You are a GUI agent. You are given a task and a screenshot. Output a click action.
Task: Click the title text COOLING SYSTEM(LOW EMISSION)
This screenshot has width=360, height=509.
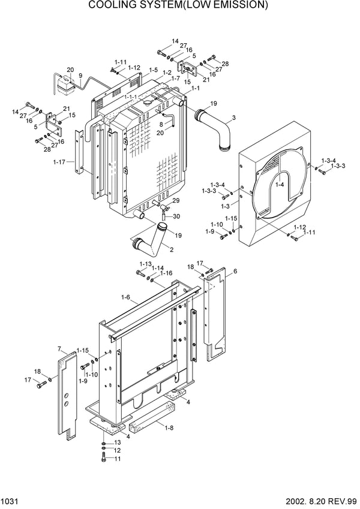178,6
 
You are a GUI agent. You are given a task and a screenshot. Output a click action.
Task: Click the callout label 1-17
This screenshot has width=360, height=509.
59,162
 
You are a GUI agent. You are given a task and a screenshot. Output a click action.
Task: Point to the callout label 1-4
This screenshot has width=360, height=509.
280,186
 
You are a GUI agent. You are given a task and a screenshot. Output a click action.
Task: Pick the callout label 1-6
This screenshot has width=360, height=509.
125,297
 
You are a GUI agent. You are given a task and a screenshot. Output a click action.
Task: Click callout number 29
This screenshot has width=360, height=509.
176,200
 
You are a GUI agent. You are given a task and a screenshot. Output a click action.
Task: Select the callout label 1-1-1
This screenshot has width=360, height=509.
131,97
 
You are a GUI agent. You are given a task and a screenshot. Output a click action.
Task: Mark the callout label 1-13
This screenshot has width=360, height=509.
145,264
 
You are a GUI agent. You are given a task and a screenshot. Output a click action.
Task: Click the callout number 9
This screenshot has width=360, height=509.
80,76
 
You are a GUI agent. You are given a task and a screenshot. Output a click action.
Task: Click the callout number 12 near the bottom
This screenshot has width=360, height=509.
118,450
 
